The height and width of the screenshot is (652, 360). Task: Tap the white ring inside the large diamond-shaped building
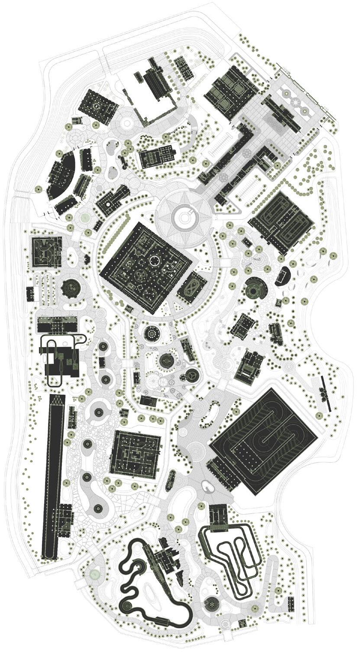point(155,260)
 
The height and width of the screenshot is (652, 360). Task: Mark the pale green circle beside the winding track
point(94,574)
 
